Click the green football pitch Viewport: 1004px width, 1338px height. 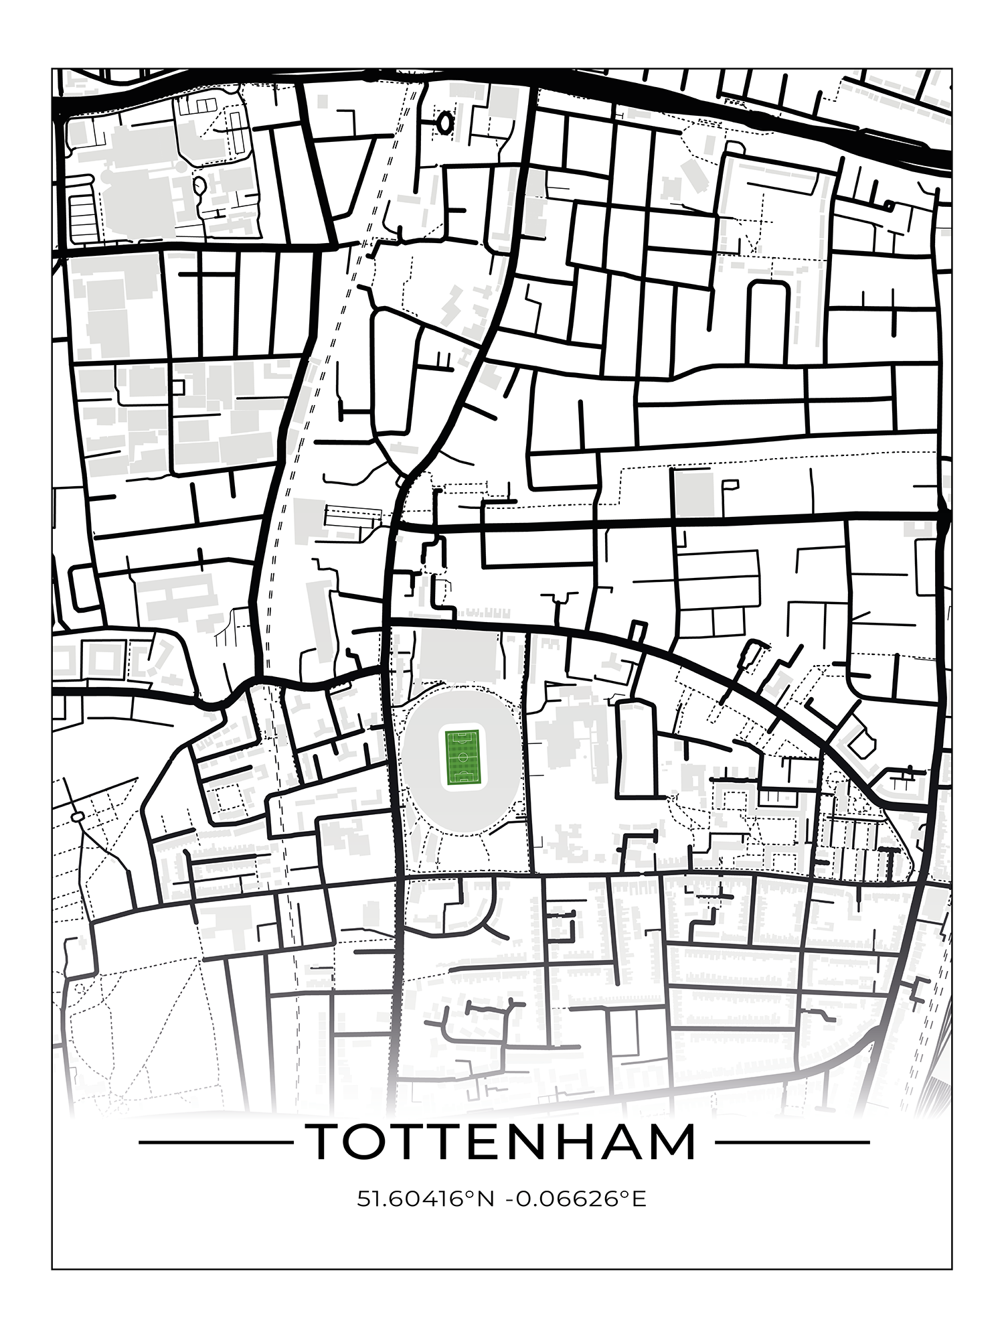click(462, 757)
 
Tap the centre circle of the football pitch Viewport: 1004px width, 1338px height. click(462, 757)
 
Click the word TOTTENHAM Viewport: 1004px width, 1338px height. click(501, 1142)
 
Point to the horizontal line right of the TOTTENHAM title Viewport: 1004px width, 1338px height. click(792, 1142)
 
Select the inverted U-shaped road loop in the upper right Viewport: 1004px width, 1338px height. click(768, 301)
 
